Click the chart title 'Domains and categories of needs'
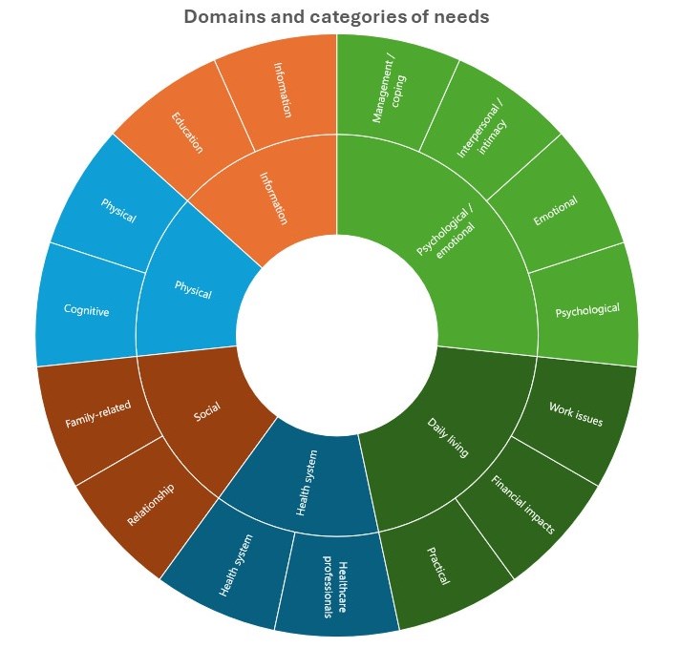[x=336, y=16]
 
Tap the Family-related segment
[x=96, y=411]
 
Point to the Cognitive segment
[x=86, y=310]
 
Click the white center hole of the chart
[x=336, y=334]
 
